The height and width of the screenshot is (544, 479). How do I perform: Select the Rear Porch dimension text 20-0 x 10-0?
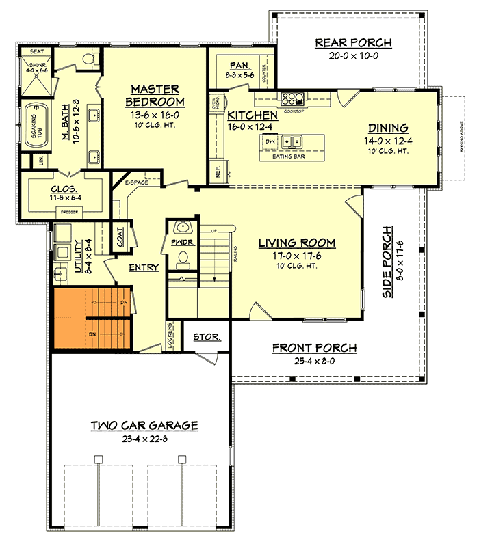[x=353, y=56]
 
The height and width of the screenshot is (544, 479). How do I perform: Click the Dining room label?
[x=388, y=128]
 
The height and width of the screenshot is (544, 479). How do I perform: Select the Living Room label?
[x=296, y=243]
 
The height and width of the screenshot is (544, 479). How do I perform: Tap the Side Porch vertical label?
[x=387, y=262]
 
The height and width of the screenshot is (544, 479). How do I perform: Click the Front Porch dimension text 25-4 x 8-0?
[x=314, y=361]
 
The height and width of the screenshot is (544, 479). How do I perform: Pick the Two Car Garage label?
[x=144, y=426]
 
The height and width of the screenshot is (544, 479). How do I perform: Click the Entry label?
[x=144, y=267]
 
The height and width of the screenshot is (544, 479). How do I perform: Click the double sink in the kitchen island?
[x=293, y=142]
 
